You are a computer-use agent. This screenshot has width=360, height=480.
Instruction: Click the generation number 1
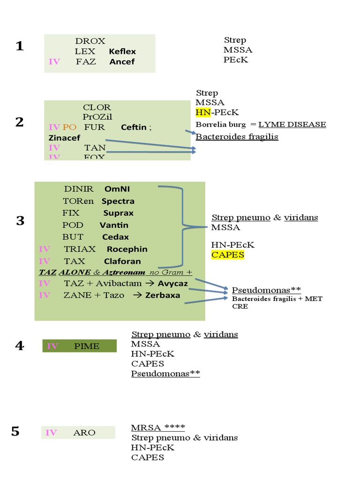click(19, 46)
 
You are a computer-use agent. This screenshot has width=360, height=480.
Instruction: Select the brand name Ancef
click(122, 61)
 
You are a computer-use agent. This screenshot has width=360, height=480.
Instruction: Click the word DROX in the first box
click(90, 41)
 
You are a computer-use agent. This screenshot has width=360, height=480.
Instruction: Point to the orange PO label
click(69, 127)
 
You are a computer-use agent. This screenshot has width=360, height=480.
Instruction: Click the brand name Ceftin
click(134, 127)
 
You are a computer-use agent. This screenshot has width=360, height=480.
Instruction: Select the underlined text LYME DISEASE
click(292, 124)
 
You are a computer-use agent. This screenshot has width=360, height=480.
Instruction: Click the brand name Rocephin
click(127, 249)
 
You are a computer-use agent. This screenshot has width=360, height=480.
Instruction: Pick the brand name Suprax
click(118, 213)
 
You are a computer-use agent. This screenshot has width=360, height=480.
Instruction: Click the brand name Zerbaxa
click(163, 295)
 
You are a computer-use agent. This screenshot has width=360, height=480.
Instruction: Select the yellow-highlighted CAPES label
click(227, 255)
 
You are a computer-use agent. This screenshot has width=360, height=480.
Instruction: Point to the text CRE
click(240, 306)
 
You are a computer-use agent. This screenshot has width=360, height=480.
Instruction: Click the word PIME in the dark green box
click(86, 346)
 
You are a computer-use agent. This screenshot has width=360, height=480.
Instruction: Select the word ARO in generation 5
click(84, 433)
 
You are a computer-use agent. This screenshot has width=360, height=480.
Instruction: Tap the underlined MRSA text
click(145, 427)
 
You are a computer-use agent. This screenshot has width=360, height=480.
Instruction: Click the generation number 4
click(19, 346)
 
